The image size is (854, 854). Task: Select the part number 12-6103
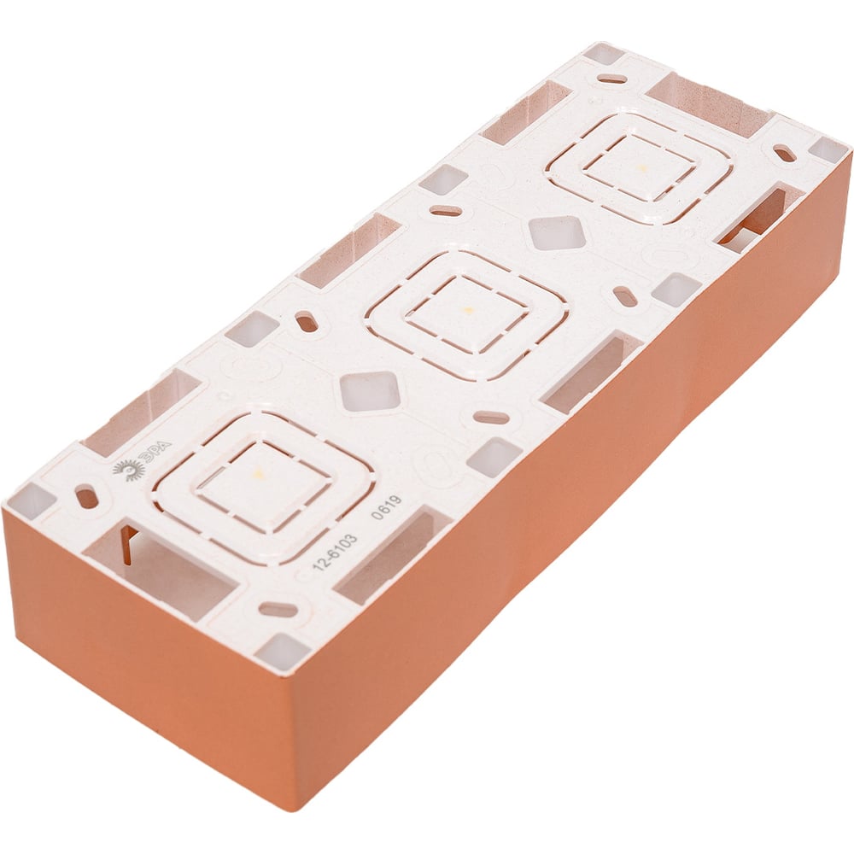click(x=335, y=553)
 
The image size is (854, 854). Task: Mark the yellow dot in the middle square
click(x=465, y=311)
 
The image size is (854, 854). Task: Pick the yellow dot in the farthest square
click(x=643, y=167)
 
